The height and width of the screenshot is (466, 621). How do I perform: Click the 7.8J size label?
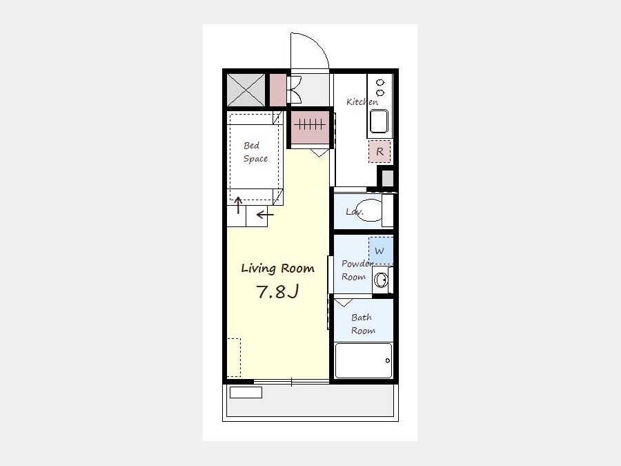point(277,291)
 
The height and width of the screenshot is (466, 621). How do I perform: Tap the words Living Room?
point(277,269)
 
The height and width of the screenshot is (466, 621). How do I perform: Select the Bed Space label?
point(255,152)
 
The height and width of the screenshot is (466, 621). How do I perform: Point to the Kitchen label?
point(362,102)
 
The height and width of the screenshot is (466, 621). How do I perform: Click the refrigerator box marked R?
point(379,151)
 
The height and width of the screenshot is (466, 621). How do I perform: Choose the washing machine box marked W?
point(381,251)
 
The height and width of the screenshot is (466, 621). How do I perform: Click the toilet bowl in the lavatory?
point(371,210)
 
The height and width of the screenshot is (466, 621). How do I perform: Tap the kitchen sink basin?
point(379,122)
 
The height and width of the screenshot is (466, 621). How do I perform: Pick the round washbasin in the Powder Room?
point(381,280)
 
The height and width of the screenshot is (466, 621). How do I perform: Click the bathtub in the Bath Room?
point(364,360)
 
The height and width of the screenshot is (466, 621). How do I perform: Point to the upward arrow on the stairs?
point(238,205)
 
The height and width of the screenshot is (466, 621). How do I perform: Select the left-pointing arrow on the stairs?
point(265,215)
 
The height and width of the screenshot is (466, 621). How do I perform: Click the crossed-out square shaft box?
point(246,90)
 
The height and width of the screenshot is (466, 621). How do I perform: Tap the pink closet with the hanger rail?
point(310,127)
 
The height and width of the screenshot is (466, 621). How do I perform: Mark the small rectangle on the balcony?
point(246,392)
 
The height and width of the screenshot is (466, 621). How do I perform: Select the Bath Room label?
point(363,324)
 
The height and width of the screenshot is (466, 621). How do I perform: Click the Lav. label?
point(355,212)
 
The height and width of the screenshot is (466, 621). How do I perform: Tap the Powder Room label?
point(357,270)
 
